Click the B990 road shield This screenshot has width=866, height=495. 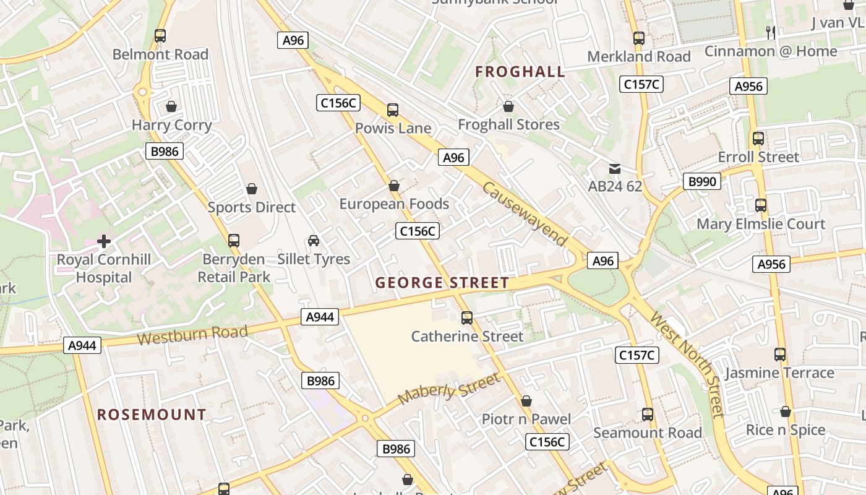click(702, 181)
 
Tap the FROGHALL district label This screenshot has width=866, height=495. click(520, 72)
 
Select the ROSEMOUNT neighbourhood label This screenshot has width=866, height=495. click(152, 415)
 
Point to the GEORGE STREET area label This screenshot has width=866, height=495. click(442, 283)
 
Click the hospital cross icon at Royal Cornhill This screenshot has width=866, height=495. click(104, 241)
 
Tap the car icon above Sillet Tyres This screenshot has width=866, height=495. click(314, 241)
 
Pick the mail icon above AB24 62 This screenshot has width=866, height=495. click(614, 168)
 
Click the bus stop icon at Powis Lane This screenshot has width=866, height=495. click(393, 110)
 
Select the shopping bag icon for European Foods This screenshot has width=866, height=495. click(394, 186)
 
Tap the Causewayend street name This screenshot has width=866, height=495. click(525, 213)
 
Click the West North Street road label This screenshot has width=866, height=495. click(687, 364)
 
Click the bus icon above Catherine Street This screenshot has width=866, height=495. click(467, 318)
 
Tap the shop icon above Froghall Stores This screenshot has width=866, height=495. click(508, 106)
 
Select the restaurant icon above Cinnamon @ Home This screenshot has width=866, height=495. click(770, 32)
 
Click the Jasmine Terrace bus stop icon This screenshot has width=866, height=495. click(780, 355)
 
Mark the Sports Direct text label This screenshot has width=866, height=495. click(252, 207)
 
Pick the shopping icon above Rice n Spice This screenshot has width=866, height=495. click(786, 411)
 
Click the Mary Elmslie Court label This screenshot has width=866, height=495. click(761, 224)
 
